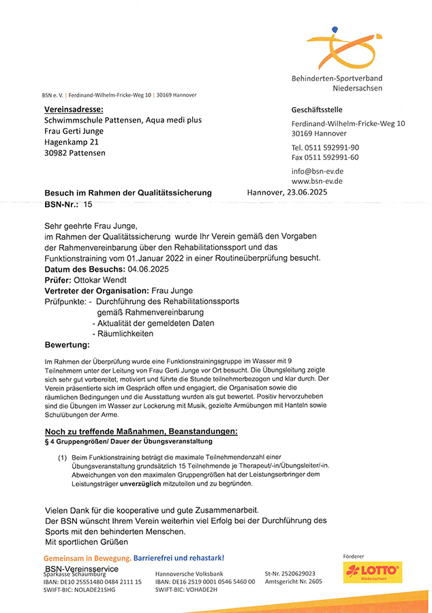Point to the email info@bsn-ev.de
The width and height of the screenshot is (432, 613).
coord(317,171)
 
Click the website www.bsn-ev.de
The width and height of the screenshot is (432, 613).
coord(317,181)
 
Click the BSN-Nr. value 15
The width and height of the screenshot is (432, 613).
coord(88,204)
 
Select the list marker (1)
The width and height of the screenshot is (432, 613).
coord(62,458)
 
